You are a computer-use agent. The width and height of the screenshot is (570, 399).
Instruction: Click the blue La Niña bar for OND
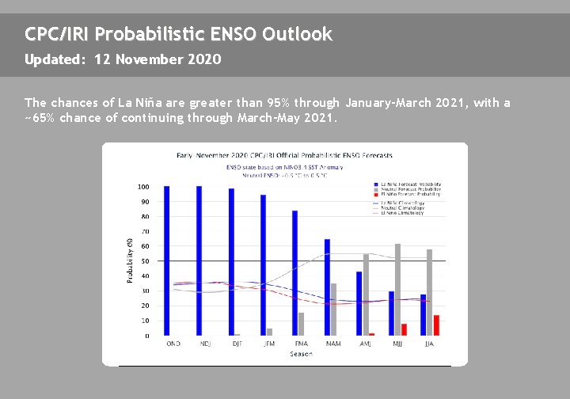click(x=167, y=260)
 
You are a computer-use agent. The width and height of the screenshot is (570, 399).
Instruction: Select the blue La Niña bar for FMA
click(x=295, y=273)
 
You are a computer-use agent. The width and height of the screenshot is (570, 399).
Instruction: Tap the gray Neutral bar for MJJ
click(x=397, y=290)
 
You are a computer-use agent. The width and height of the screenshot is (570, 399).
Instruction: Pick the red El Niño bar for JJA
click(x=436, y=325)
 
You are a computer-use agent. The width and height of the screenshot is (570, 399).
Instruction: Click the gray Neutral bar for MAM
click(x=333, y=310)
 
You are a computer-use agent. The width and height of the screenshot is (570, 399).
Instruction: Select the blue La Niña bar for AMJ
click(x=359, y=303)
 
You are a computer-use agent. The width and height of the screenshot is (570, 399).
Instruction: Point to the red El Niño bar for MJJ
click(x=404, y=329)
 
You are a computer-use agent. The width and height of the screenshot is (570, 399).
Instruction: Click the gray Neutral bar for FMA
click(x=301, y=324)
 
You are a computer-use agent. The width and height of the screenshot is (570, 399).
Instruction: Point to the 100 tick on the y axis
click(x=143, y=187)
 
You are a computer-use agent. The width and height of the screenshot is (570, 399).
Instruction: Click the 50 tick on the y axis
click(x=145, y=261)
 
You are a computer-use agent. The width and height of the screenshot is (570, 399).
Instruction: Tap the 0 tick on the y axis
click(x=146, y=336)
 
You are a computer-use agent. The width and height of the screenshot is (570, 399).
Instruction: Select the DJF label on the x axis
click(x=237, y=344)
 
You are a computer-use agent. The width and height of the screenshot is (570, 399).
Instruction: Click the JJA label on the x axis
click(x=429, y=344)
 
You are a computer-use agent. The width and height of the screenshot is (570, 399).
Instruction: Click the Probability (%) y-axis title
click(x=130, y=261)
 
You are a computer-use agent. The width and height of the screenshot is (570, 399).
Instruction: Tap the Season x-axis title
click(x=301, y=354)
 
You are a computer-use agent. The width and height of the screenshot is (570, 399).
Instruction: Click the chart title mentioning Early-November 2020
click(x=284, y=155)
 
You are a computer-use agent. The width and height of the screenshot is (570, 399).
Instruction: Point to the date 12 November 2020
click(x=158, y=59)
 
